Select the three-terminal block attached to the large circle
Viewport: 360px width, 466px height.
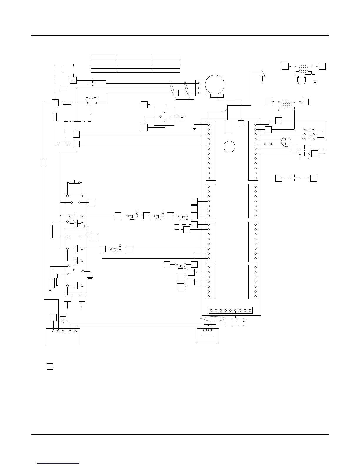(x=200, y=88)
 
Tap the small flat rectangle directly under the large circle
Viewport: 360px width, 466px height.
(x=217, y=96)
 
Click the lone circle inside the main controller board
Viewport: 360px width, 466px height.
(x=229, y=147)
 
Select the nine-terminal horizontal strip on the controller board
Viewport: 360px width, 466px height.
(x=230, y=310)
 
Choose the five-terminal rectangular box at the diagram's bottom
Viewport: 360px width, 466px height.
(x=63, y=336)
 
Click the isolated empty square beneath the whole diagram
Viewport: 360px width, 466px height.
(x=50, y=367)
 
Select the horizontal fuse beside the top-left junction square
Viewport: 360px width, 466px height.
(x=67, y=103)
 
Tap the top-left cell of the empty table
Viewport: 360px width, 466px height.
(x=103, y=58)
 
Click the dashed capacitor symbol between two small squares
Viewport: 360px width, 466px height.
(x=292, y=178)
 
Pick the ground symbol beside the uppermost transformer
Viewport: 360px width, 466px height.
(x=315, y=81)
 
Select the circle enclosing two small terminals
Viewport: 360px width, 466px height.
(x=286, y=142)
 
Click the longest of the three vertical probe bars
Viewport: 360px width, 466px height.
(x=50, y=284)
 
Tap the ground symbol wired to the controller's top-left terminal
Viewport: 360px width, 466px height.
(x=194, y=128)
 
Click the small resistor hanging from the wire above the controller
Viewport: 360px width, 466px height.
(x=261, y=78)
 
